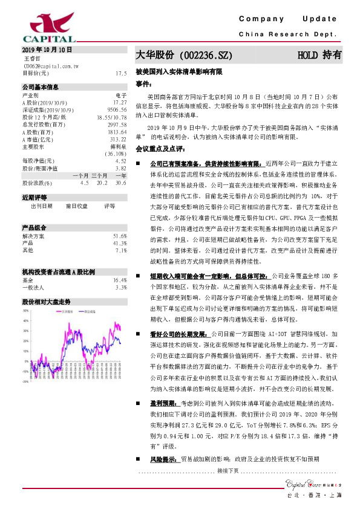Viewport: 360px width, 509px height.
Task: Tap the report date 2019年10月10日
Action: coord(47,49)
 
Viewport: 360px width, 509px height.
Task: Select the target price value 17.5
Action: coord(120,73)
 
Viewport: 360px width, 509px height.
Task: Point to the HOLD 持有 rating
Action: coord(319,55)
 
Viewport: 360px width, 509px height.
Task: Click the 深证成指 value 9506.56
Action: coord(117,109)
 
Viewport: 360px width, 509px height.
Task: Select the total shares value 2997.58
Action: coord(117,124)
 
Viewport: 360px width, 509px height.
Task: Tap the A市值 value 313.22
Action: coord(119,138)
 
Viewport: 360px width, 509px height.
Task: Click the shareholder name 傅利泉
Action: coord(118,146)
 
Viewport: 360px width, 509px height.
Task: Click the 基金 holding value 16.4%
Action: coord(120,280)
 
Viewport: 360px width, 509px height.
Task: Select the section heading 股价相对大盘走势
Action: coord(47,300)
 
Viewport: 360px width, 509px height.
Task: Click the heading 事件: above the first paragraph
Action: coord(143,83)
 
